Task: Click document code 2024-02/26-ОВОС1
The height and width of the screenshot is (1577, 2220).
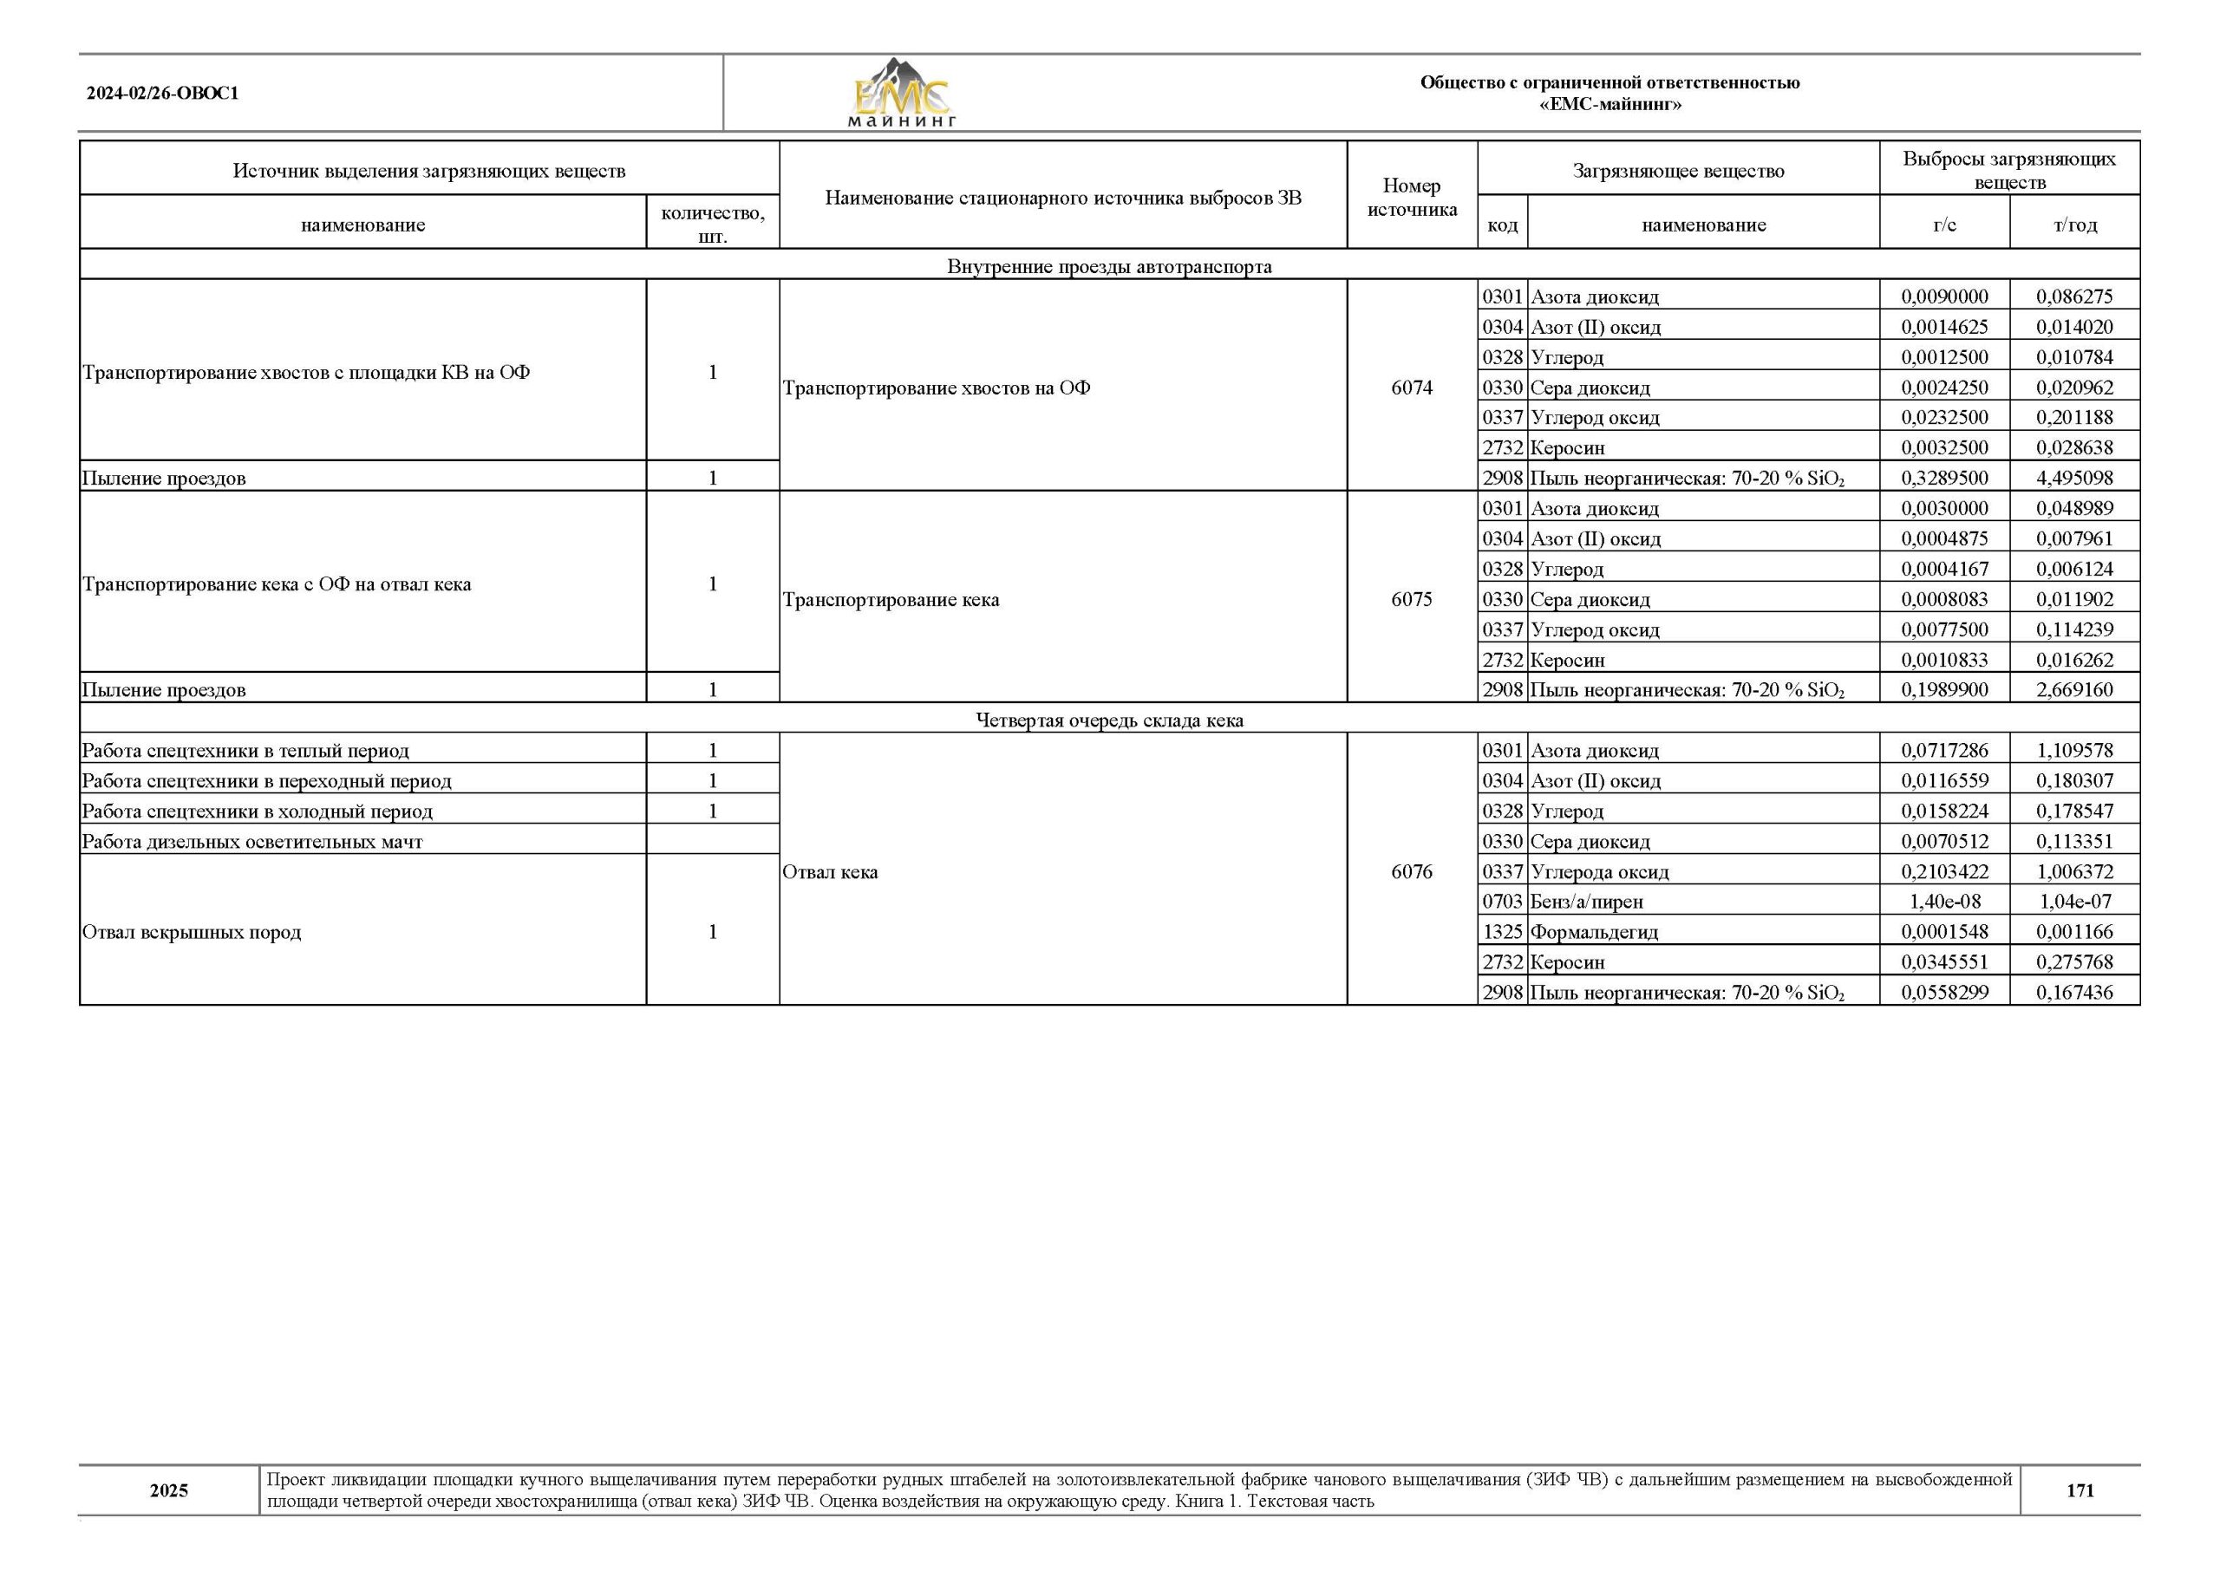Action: pos(162,94)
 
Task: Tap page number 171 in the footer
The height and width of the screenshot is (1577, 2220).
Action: pos(2080,1490)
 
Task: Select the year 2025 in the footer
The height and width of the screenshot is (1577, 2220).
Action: pos(169,1490)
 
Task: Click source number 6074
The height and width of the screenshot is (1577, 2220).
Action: pos(1411,388)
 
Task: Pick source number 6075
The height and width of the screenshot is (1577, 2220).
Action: pos(1411,599)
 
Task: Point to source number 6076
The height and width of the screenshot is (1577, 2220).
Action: pos(1411,871)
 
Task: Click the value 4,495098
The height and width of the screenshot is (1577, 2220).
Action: pos(2074,478)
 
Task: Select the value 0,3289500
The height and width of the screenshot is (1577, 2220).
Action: pos(1944,478)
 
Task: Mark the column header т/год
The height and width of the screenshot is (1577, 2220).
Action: pos(2074,225)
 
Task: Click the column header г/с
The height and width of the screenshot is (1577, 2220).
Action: pos(1944,225)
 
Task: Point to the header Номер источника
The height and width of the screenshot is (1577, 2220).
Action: pos(1411,197)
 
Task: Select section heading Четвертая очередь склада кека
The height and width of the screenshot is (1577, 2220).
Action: pos(1109,720)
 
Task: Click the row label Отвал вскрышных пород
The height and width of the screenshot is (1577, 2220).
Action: pos(192,932)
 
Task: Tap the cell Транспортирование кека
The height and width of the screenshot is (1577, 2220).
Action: pos(891,600)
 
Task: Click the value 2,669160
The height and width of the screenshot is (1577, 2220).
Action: pos(2074,690)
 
